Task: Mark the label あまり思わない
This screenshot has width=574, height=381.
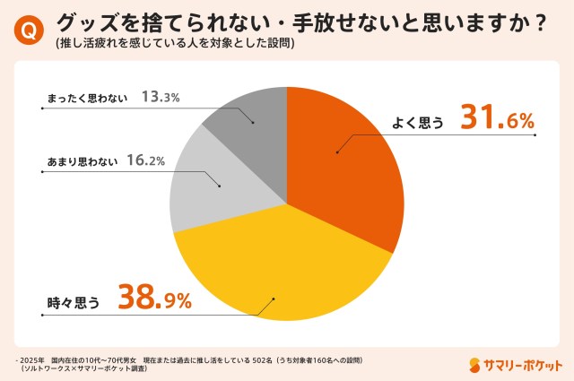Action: pyautogui.click(x=81, y=161)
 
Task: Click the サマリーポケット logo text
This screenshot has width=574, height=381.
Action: pyautogui.click(x=524, y=364)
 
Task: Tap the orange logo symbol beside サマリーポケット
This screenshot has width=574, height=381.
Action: pyautogui.click(x=475, y=364)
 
